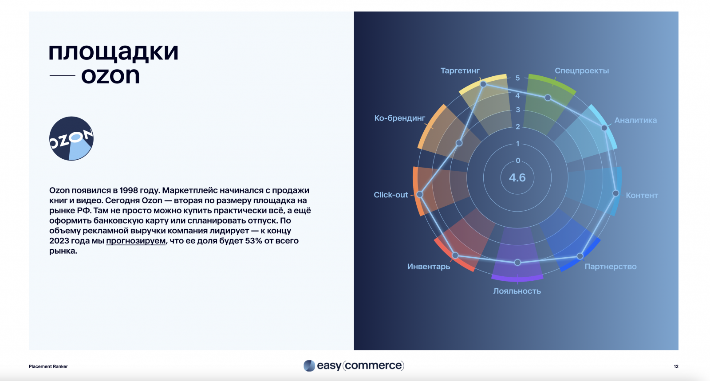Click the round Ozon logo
71,138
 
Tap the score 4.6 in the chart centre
517,178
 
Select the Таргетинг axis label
460,71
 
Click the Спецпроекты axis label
581,71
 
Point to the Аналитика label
635,120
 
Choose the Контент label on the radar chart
641,195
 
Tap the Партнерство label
610,267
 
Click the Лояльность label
517,291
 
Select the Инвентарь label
428,267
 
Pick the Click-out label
390,195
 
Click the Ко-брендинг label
399,118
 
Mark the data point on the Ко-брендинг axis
459,143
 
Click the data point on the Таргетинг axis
483,84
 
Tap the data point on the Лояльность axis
517,263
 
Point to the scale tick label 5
517,78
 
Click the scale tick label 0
518,161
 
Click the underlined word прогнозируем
136,241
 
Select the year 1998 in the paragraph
129,190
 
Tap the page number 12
676,366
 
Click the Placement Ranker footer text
48,366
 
